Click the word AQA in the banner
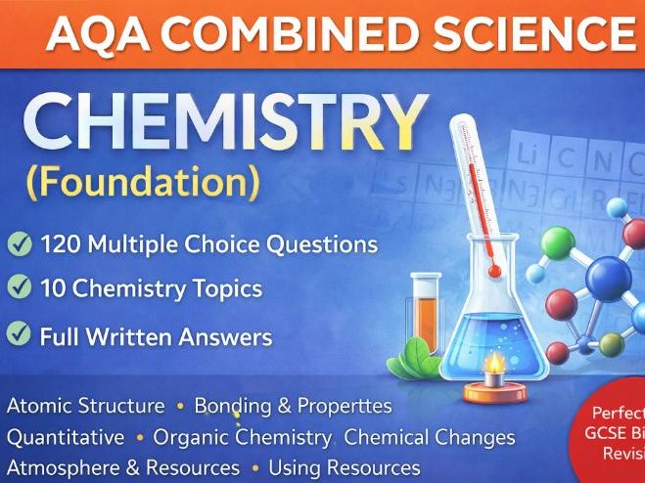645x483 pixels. pos(93,35)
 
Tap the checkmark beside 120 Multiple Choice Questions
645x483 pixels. pos(19,243)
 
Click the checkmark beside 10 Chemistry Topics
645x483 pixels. pos(19,288)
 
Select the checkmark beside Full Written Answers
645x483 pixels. pos(19,335)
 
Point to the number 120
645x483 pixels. pos(65,244)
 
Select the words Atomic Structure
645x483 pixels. pos(85,406)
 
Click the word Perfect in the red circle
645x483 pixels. pos(617,414)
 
